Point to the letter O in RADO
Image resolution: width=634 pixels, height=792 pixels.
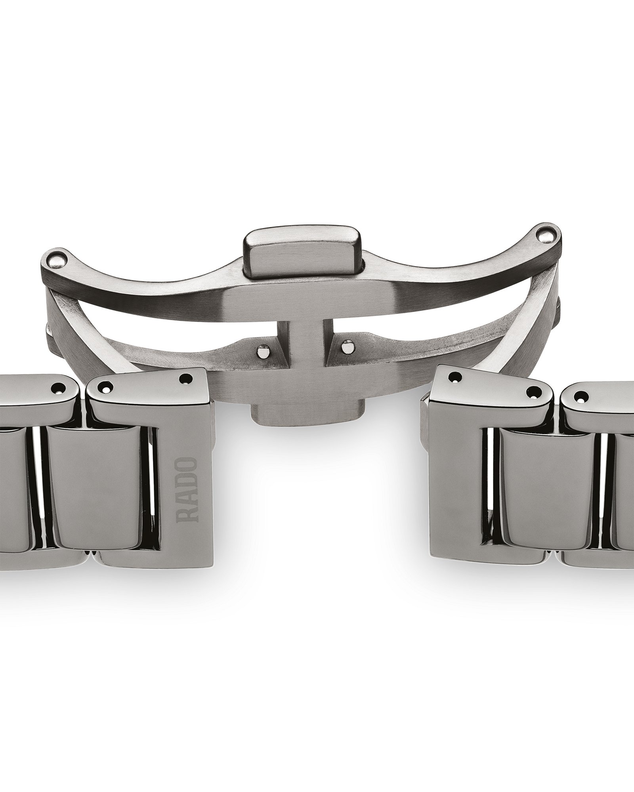pos(188,464)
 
